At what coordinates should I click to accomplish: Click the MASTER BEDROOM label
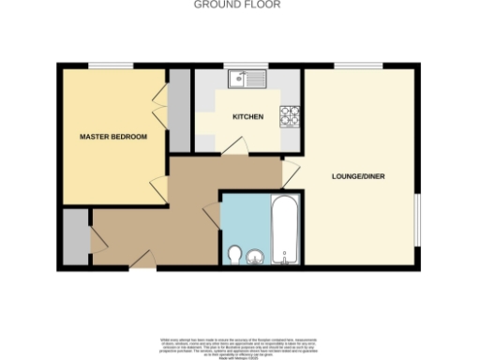113,138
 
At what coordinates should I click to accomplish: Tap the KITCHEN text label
247,117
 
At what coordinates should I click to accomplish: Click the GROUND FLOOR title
237,5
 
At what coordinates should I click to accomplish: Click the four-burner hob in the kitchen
291,116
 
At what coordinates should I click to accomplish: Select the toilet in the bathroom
234,253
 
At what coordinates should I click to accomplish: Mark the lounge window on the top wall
359,65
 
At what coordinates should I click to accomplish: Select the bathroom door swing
212,212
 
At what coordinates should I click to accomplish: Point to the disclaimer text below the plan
240,345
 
